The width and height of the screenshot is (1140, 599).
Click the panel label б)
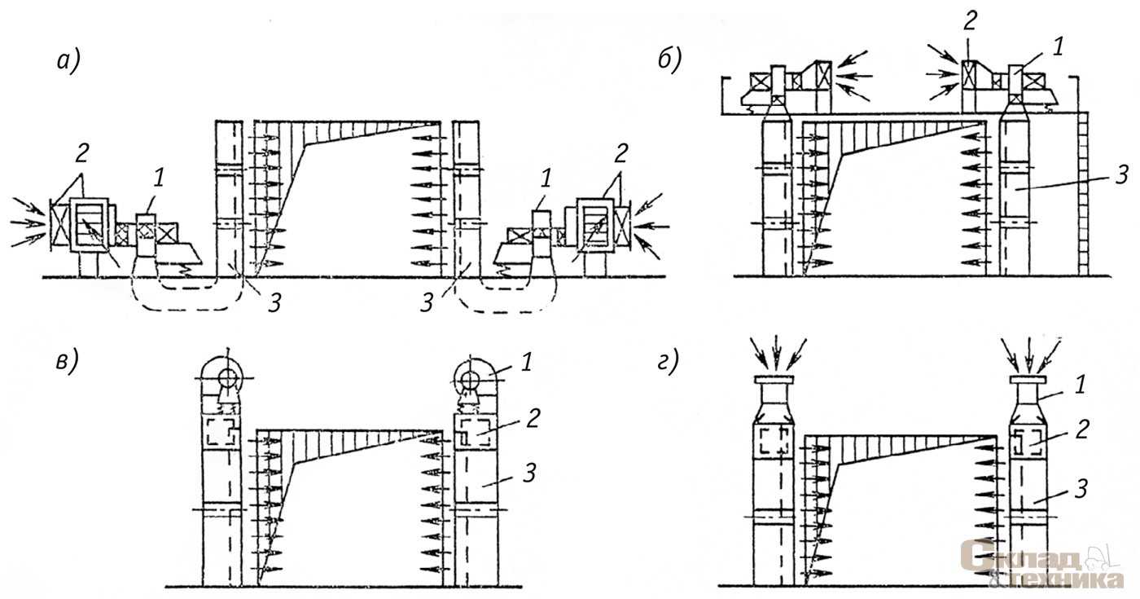tap(669, 60)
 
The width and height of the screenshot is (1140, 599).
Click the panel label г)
tap(668, 362)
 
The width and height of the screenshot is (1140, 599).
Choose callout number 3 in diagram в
tap(529, 473)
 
